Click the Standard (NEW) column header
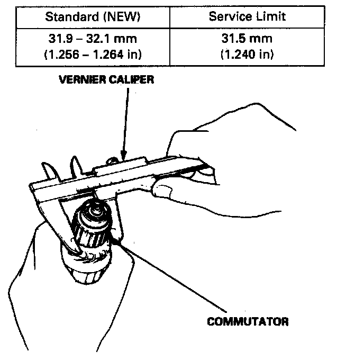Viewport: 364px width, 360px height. coord(93,16)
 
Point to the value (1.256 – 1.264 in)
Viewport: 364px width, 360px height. coord(93,54)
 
